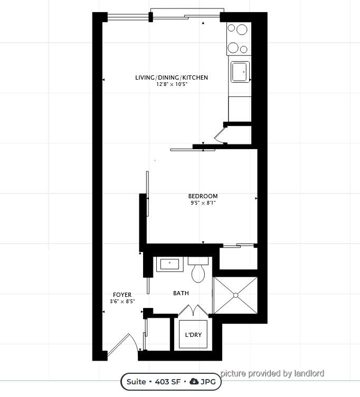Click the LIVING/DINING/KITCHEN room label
(172, 78)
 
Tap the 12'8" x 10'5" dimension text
(172, 84)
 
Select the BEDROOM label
(203, 196)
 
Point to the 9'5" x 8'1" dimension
(203, 203)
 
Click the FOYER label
(122, 295)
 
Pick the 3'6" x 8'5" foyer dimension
(122, 301)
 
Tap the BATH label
(181, 293)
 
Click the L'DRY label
(193, 335)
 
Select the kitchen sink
(240, 72)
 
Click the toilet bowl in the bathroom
(198, 273)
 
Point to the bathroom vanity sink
(169, 264)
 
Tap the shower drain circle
(235, 295)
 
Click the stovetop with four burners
(239, 38)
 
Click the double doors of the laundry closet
(193, 311)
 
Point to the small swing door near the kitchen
(220, 135)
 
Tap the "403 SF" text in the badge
(167, 382)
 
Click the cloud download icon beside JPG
(194, 381)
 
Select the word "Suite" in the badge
(136, 382)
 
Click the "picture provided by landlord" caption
(272, 373)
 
